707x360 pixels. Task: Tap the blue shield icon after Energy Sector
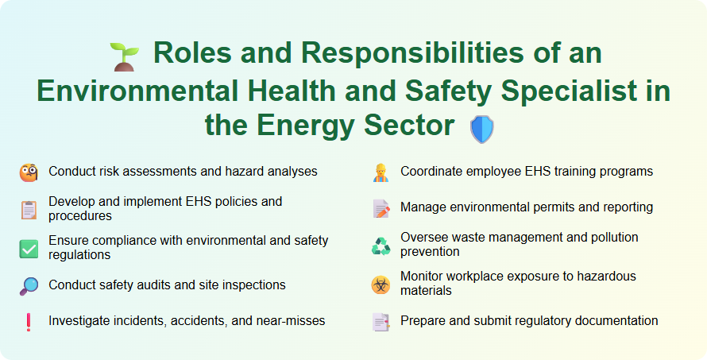[482, 129]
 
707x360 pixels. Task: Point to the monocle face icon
[29, 172]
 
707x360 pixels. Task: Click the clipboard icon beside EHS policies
[29, 210]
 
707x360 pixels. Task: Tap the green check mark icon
[29, 248]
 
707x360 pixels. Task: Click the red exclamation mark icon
[29, 322]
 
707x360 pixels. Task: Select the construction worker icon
[381, 172]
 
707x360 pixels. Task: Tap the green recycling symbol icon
[381, 246]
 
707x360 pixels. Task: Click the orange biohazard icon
[381, 285]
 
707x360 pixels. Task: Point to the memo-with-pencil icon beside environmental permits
[381, 208]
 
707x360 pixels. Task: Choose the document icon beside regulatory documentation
[381, 322]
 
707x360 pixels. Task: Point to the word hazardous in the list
[607, 277]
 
